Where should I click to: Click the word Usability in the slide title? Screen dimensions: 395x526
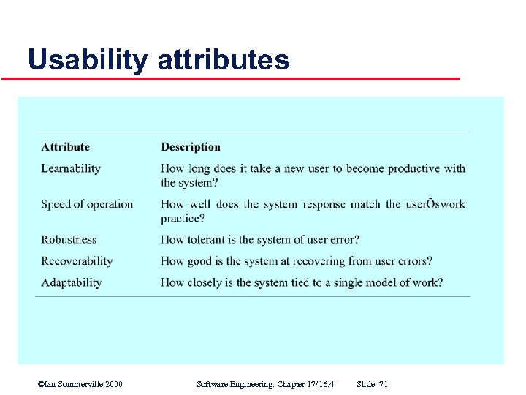pyautogui.click(x=86, y=60)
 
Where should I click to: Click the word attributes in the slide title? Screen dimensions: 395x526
pyautogui.click(x=223, y=60)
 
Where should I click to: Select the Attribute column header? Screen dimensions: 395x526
pyautogui.click(x=65, y=147)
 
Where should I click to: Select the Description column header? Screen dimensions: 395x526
pyautogui.click(x=190, y=147)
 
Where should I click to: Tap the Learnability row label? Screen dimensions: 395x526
pyautogui.click(x=70, y=168)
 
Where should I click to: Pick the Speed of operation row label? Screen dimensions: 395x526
pyautogui.click(x=87, y=204)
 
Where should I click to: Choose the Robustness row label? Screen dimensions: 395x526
pyautogui.click(x=69, y=239)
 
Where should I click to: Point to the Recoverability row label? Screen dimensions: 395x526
pyautogui.click(x=77, y=261)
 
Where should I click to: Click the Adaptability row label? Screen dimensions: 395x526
pyautogui.click(x=71, y=282)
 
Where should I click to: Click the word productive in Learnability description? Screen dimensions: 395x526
pyautogui.click(x=413, y=168)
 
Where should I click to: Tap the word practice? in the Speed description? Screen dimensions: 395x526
pyautogui.click(x=183, y=218)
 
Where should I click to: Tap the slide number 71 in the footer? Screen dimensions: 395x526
pyautogui.click(x=384, y=384)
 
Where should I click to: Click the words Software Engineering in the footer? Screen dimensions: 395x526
pyautogui.click(x=232, y=384)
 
